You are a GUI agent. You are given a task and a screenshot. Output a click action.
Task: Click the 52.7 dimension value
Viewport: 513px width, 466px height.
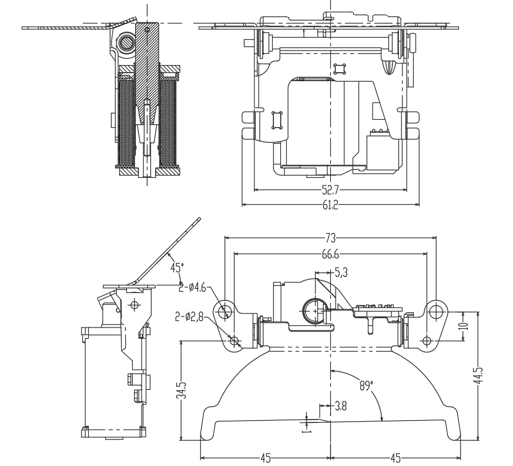point(330,190)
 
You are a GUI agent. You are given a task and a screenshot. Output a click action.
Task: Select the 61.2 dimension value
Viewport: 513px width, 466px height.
point(330,204)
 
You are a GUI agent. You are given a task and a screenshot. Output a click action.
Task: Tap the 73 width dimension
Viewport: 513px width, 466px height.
point(331,238)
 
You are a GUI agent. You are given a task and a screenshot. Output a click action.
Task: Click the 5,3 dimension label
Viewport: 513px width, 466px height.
point(341,272)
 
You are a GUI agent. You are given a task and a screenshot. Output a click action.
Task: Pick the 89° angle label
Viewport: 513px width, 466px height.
point(366,386)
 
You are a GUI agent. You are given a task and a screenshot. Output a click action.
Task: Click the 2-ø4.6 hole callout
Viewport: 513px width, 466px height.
point(193,288)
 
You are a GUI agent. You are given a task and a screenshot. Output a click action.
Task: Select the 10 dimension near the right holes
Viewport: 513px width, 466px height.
point(464,326)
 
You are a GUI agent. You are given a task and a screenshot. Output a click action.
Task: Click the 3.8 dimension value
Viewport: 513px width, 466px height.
point(341,405)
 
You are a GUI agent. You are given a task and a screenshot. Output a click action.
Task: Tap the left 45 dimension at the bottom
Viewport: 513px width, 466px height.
point(266,457)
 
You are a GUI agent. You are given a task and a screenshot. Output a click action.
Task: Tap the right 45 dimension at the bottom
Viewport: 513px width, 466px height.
point(396,457)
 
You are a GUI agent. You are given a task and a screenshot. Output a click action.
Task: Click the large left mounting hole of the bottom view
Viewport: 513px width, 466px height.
point(224,310)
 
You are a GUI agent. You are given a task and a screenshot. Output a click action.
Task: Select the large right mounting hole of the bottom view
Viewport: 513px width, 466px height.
point(435,310)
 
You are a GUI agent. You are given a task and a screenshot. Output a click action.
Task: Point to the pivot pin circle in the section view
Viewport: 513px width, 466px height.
point(125,42)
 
